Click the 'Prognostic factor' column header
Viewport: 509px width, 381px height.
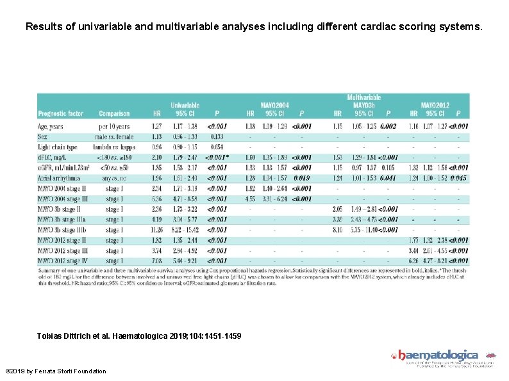pyautogui.click(x=60, y=114)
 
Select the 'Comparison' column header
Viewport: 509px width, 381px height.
pyautogui.click(x=114, y=114)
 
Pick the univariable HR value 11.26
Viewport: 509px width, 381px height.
pyautogui.click(x=156, y=229)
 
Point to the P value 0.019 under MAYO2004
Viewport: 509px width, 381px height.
pyautogui.click(x=301, y=177)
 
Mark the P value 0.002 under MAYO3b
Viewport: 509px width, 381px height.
pyautogui.click(x=388, y=126)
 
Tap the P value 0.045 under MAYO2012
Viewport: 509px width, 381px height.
pyautogui.click(x=458, y=177)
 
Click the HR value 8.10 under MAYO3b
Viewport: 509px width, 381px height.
pyautogui.click(x=337, y=229)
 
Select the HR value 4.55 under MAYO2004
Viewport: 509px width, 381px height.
pyautogui.click(x=250, y=199)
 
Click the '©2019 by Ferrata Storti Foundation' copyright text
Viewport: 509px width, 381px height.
pyautogui.click(x=55, y=371)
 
